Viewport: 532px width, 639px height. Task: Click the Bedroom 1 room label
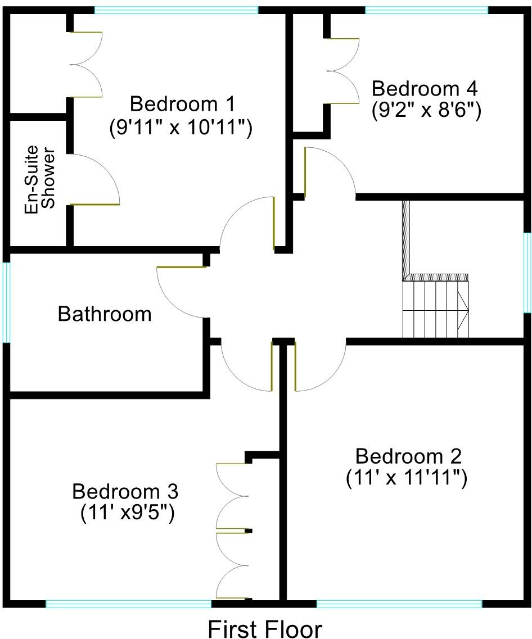pyautogui.click(x=182, y=104)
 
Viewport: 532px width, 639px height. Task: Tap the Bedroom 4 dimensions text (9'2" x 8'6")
pyautogui.click(x=426, y=111)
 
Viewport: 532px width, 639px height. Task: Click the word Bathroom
pyautogui.click(x=105, y=314)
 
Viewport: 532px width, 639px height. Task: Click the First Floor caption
pyautogui.click(x=265, y=628)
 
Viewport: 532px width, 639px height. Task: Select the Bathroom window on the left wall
pyautogui.click(x=6, y=302)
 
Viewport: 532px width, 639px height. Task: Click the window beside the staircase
pyautogui.click(x=528, y=272)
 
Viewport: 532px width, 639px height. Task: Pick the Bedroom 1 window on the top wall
pyautogui.click(x=176, y=10)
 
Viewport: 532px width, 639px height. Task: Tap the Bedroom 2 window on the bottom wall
pyautogui.click(x=399, y=604)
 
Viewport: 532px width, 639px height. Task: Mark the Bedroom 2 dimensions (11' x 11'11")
pyautogui.click(x=406, y=478)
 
